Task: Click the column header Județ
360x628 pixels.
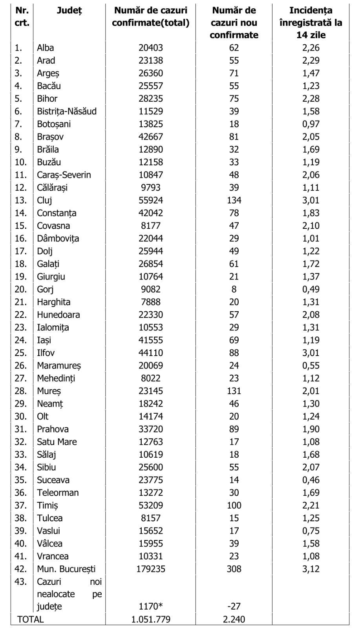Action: [69, 11]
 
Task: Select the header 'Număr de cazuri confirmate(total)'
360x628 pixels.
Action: [150, 16]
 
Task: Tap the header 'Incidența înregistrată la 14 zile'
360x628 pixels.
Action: [311, 23]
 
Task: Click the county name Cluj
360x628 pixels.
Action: [44, 200]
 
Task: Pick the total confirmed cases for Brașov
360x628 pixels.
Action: [150, 137]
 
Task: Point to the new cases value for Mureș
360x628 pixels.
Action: [234, 391]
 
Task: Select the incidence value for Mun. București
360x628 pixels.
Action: [311, 569]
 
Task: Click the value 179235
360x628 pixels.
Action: [150, 569]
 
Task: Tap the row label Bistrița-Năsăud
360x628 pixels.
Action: [66, 111]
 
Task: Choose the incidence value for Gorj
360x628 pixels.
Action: [311, 289]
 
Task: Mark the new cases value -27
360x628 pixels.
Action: [234, 606]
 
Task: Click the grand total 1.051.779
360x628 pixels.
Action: [150, 619]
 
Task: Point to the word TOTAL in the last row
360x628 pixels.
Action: [30, 619]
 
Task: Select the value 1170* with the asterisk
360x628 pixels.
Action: [150, 606]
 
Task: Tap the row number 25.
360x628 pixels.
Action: [20, 353]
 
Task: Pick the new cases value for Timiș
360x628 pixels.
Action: [234, 505]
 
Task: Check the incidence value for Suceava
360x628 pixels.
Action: [311, 480]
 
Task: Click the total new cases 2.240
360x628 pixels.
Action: [234, 619]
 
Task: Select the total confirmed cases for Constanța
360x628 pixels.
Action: [150, 213]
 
